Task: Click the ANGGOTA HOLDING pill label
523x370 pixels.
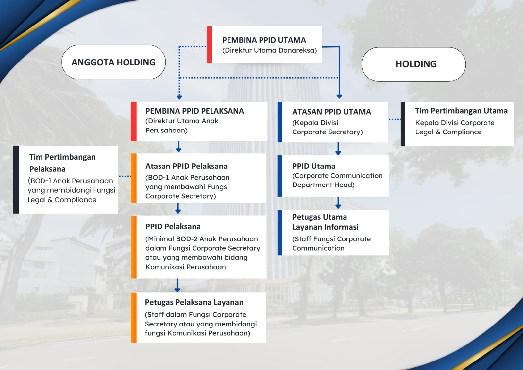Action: point(113,62)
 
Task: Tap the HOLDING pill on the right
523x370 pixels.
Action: point(413,64)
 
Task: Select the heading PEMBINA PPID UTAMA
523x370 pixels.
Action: point(264,40)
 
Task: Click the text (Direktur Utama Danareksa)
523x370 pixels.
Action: point(269,50)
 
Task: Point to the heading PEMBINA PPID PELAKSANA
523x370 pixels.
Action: point(194,111)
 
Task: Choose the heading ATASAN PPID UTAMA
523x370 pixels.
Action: point(331,112)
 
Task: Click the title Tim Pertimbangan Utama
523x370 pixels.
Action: point(461,111)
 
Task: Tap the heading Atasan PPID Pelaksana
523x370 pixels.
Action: point(186,166)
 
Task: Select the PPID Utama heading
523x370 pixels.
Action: point(314,166)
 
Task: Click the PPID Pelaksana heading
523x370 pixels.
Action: point(173,227)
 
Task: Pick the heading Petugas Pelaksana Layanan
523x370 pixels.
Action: point(194,302)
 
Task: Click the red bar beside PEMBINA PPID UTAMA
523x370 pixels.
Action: point(210,44)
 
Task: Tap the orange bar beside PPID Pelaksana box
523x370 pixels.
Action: point(134,247)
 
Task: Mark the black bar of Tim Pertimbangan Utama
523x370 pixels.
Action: point(403,124)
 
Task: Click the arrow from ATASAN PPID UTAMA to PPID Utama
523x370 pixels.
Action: point(338,149)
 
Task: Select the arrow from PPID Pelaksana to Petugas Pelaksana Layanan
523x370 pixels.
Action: point(177,285)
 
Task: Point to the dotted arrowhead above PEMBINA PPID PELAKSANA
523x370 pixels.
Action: point(179,97)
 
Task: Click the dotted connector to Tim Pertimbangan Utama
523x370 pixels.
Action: point(395,119)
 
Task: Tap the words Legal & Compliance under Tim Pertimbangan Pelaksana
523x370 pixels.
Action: point(62,200)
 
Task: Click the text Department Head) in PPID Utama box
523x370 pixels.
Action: point(323,185)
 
